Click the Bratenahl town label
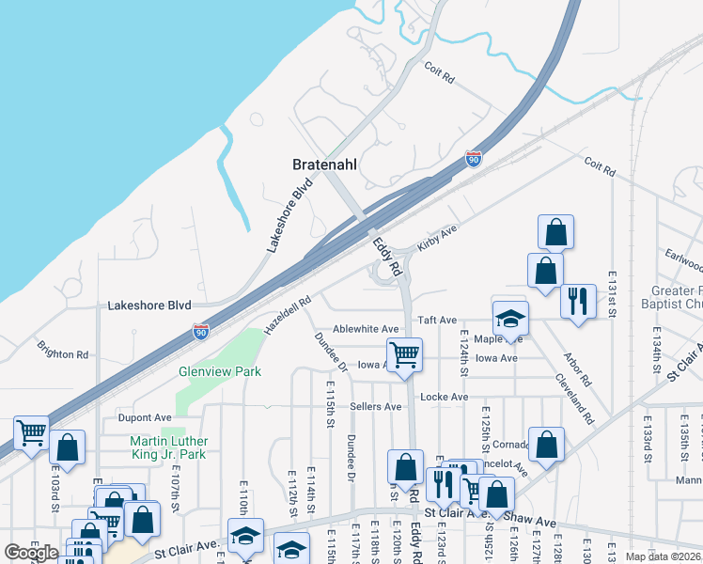325,164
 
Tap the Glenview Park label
220,371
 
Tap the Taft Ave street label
437,321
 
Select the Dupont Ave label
145,416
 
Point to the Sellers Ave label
375,407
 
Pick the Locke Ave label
444,398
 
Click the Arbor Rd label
577,369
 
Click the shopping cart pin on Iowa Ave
405,355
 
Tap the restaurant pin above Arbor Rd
576,301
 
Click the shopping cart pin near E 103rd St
31,433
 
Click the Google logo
32,553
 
